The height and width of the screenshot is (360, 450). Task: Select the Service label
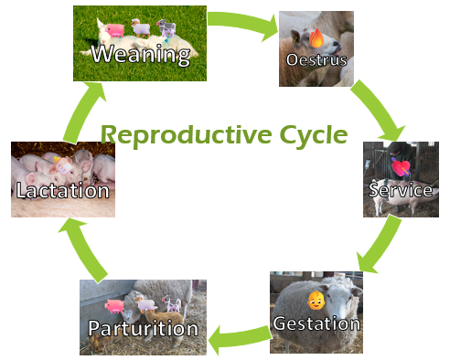399,190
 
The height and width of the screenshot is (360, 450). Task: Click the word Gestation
316,323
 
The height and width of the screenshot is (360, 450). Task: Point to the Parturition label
143,328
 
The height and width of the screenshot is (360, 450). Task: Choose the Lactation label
62,191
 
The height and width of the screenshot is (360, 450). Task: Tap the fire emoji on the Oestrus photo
316,38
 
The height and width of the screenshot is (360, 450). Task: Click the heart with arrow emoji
402,167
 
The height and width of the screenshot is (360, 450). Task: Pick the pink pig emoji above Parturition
114,306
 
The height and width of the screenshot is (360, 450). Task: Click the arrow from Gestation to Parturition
238,337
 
